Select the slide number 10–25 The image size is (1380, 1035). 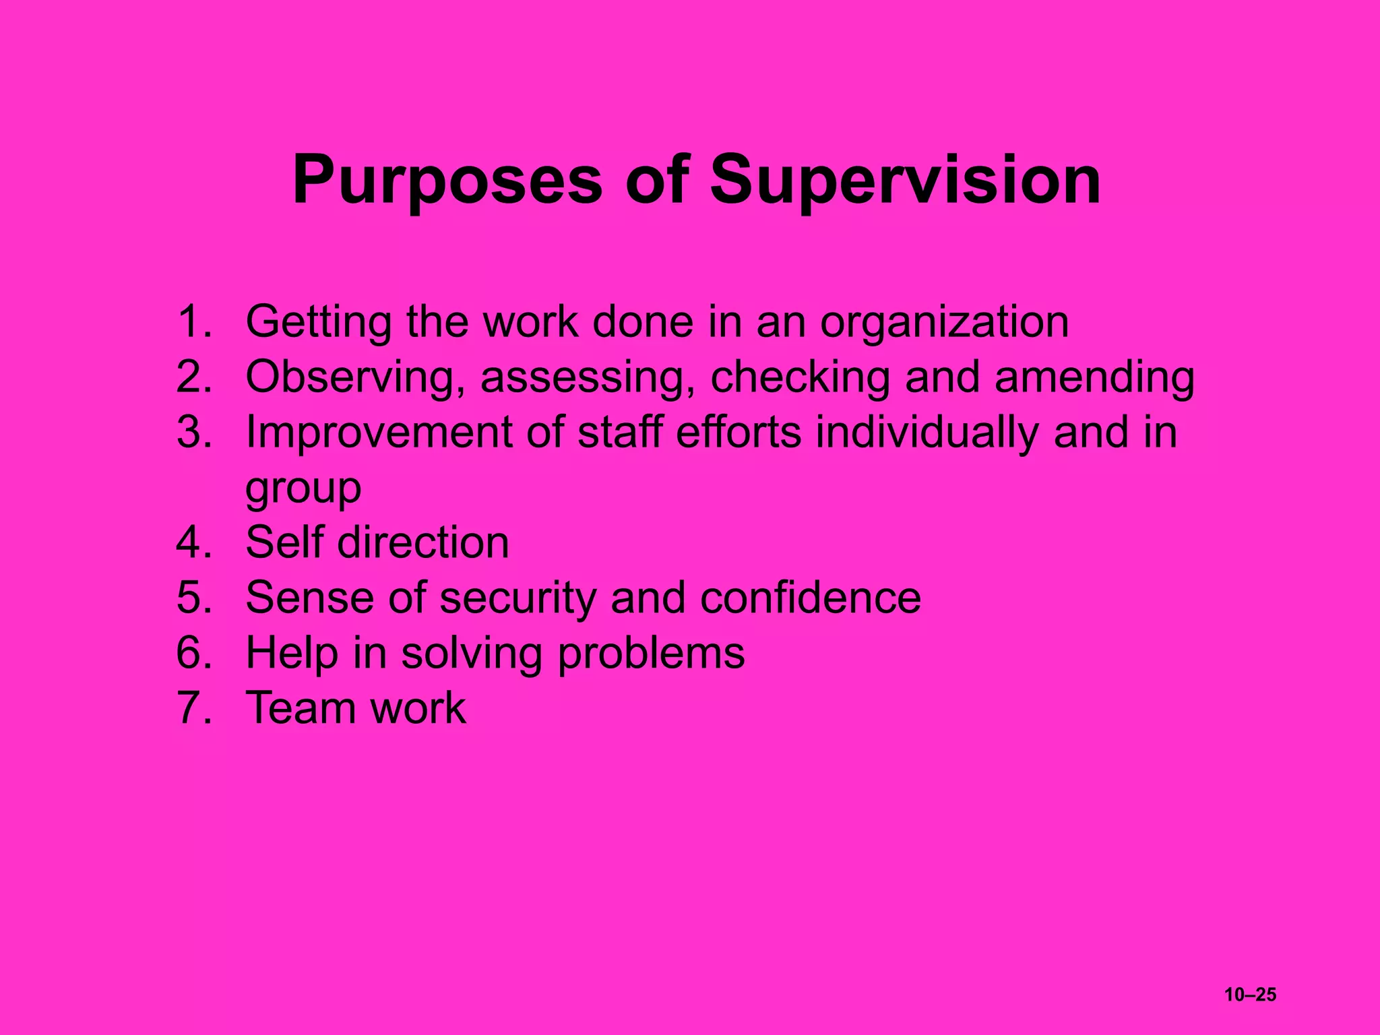click(1250, 995)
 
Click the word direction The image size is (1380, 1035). click(423, 543)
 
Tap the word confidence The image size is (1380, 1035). click(811, 598)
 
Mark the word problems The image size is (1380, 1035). click(652, 654)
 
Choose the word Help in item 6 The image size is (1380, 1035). click(292, 654)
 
